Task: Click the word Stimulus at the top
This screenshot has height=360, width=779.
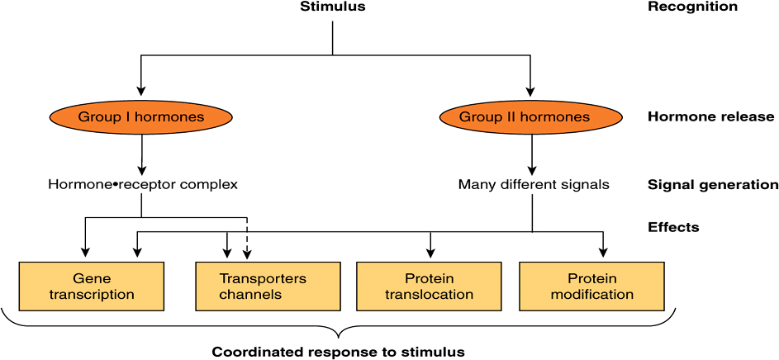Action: [331, 7]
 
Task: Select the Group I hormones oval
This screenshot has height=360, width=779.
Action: [141, 117]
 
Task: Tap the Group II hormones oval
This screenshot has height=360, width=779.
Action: [530, 117]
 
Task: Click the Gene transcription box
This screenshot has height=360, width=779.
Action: [92, 287]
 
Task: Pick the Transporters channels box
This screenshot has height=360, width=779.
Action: [262, 287]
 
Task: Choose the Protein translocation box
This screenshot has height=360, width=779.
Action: [428, 287]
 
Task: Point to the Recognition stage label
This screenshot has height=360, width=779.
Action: [692, 7]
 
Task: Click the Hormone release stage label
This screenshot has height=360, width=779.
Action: [710, 116]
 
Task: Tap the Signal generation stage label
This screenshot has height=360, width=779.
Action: [713, 185]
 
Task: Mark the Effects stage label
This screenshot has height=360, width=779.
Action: [673, 227]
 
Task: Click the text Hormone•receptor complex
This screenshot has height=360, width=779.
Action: [142, 185]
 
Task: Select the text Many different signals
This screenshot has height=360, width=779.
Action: [534, 185]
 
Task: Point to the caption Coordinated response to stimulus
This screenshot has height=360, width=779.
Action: [338, 352]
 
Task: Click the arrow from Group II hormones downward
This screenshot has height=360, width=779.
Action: [530, 154]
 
